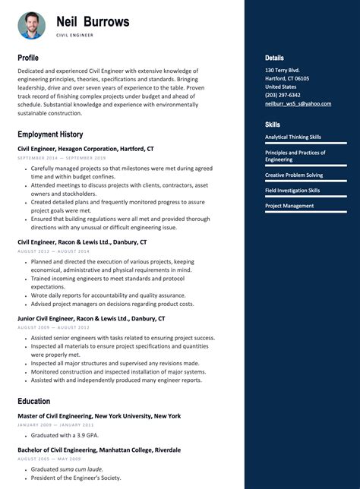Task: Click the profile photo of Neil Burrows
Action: click(32, 26)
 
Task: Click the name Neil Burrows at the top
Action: click(93, 22)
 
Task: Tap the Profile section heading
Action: click(28, 58)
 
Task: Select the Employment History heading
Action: click(50, 134)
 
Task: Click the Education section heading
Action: click(34, 401)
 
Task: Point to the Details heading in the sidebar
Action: click(274, 58)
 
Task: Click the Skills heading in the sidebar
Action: click(272, 125)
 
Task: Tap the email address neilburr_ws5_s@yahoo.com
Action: click(298, 104)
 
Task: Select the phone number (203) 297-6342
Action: click(283, 95)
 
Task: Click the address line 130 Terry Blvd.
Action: click(282, 70)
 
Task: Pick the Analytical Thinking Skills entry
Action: click(293, 137)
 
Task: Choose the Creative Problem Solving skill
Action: click(294, 175)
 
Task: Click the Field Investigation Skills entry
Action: click(292, 191)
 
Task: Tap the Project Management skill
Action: click(289, 206)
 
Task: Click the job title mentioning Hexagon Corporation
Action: click(86, 149)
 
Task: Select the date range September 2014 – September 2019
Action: click(62, 158)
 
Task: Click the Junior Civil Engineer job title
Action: click(91, 319)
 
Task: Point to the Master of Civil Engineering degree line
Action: click(99, 416)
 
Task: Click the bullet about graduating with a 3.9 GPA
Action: click(67, 435)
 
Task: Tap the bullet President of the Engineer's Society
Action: click(76, 478)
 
